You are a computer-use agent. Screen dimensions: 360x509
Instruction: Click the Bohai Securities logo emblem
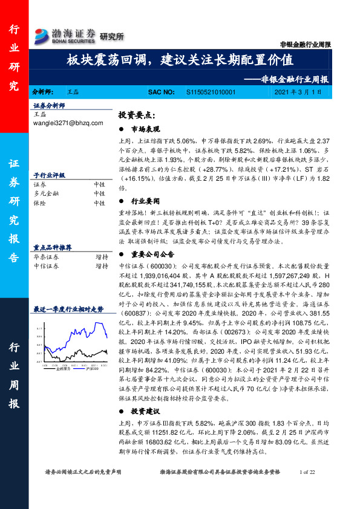click(x=44, y=35)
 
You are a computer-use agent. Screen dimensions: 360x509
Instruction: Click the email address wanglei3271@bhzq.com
click(x=68, y=123)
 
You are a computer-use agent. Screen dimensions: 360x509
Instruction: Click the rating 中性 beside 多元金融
click(x=100, y=193)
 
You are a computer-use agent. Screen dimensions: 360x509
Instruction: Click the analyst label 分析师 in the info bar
click(x=42, y=92)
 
